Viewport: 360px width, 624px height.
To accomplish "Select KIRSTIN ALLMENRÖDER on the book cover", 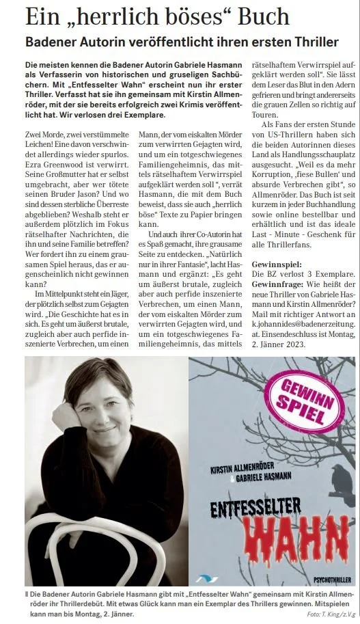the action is point(248,470).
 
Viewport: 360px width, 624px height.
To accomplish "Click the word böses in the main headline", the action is point(156,16).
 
